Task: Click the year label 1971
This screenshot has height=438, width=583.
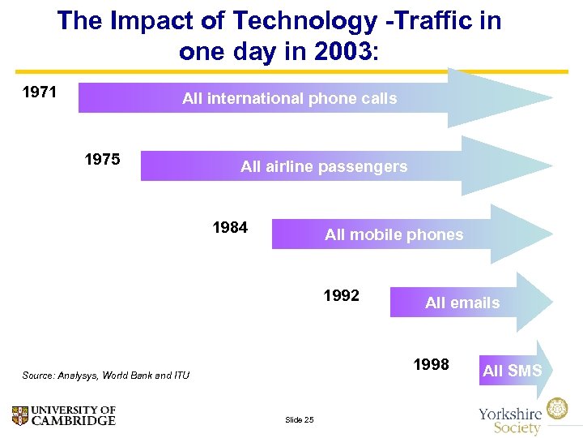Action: coord(39,92)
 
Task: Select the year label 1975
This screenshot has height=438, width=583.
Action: coord(102,159)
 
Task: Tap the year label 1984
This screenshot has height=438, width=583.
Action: coord(230,227)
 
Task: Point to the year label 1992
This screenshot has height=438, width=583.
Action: coord(341,295)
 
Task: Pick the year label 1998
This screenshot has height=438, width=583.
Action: coord(431,364)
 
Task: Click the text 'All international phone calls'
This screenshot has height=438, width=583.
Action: coord(289,99)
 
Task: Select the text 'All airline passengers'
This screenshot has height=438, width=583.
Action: coord(324,167)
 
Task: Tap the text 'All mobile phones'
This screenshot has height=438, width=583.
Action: coord(394,235)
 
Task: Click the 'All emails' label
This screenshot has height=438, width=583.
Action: coord(462,303)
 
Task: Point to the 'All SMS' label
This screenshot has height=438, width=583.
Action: coord(512,371)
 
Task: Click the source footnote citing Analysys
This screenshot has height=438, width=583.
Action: coord(106,376)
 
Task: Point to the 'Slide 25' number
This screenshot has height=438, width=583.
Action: coord(299,419)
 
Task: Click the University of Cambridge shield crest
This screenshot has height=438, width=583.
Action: coord(20,416)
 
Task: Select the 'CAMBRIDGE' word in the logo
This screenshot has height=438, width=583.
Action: coord(74,421)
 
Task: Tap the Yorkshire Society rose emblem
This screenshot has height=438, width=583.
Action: coord(556,409)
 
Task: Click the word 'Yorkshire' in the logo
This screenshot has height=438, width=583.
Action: coord(510,412)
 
